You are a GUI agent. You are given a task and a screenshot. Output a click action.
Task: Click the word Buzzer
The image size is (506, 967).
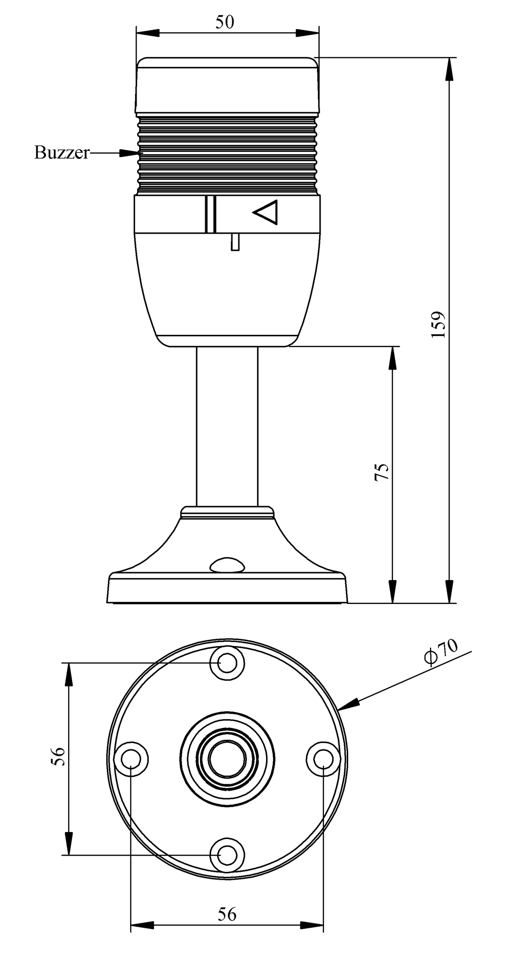tap(61, 152)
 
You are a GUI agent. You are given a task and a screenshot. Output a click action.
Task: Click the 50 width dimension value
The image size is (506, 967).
tap(225, 22)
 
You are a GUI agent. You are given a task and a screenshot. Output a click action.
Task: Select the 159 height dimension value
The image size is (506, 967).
tap(438, 324)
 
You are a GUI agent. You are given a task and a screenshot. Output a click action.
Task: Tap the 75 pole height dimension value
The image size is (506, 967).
tap(383, 472)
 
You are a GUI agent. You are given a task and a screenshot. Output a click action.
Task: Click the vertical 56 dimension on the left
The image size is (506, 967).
tap(59, 756)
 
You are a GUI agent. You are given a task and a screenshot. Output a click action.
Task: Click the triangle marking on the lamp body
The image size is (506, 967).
tap(266, 212)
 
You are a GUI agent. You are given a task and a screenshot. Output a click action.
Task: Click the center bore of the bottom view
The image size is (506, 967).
tap(227, 758)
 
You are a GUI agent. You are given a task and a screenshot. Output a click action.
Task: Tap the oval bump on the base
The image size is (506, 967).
tap(228, 565)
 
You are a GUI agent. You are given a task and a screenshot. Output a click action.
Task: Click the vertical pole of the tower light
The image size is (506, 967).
tap(227, 426)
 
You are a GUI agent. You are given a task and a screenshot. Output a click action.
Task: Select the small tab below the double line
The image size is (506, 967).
tap(234, 242)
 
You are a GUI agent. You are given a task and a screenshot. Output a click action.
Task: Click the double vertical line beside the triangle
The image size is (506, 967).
tap(211, 214)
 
